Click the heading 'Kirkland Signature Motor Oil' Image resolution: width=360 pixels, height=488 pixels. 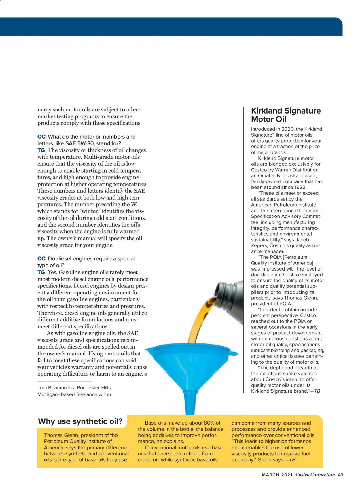[x=286, y=115]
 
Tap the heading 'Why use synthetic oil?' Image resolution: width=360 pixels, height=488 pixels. [x=80, y=421]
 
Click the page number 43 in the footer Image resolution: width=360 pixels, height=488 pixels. [x=340, y=475]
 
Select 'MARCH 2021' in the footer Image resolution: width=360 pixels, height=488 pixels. [x=277, y=475]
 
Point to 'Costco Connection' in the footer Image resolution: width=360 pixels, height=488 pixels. [x=315, y=475]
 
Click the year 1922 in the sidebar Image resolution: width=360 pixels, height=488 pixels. [x=300, y=187]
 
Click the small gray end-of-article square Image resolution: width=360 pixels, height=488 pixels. [x=146, y=374]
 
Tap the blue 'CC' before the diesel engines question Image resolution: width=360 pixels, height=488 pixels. [x=41, y=258]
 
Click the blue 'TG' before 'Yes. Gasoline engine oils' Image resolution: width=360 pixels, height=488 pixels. [x=41, y=272]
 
